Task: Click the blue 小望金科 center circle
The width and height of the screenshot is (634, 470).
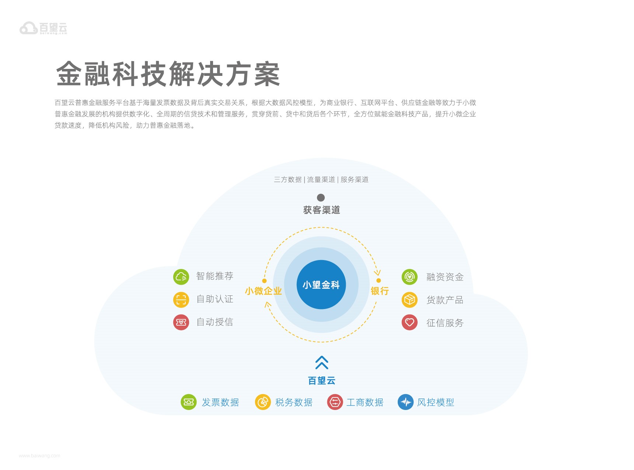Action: click(321, 284)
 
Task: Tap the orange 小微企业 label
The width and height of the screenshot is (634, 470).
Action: click(263, 291)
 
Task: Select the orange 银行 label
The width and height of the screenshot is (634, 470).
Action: click(380, 291)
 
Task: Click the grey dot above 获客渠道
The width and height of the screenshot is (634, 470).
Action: click(321, 197)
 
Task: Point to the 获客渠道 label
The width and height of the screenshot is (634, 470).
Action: click(321, 210)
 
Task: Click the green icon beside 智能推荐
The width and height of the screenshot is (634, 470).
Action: click(181, 277)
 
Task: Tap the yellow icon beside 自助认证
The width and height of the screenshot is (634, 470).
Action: click(181, 299)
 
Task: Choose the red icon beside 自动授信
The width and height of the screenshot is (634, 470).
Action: click(181, 322)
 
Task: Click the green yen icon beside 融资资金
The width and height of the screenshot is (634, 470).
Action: click(410, 277)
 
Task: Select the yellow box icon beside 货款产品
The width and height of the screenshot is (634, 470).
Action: click(410, 300)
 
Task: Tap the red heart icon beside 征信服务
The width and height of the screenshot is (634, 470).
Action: click(410, 322)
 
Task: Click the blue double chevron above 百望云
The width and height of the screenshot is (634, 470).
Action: click(322, 362)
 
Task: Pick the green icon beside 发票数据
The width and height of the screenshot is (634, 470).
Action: click(188, 402)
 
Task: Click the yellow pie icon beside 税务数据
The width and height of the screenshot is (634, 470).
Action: click(263, 402)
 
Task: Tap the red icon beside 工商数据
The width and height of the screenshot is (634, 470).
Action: click(335, 402)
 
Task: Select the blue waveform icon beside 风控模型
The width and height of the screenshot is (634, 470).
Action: click(405, 402)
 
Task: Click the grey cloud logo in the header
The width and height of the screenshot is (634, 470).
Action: click(28, 28)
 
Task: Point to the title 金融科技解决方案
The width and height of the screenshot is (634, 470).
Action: click(168, 74)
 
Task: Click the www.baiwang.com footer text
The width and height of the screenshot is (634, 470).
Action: click(39, 456)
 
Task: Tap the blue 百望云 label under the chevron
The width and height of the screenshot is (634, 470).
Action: click(321, 380)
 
